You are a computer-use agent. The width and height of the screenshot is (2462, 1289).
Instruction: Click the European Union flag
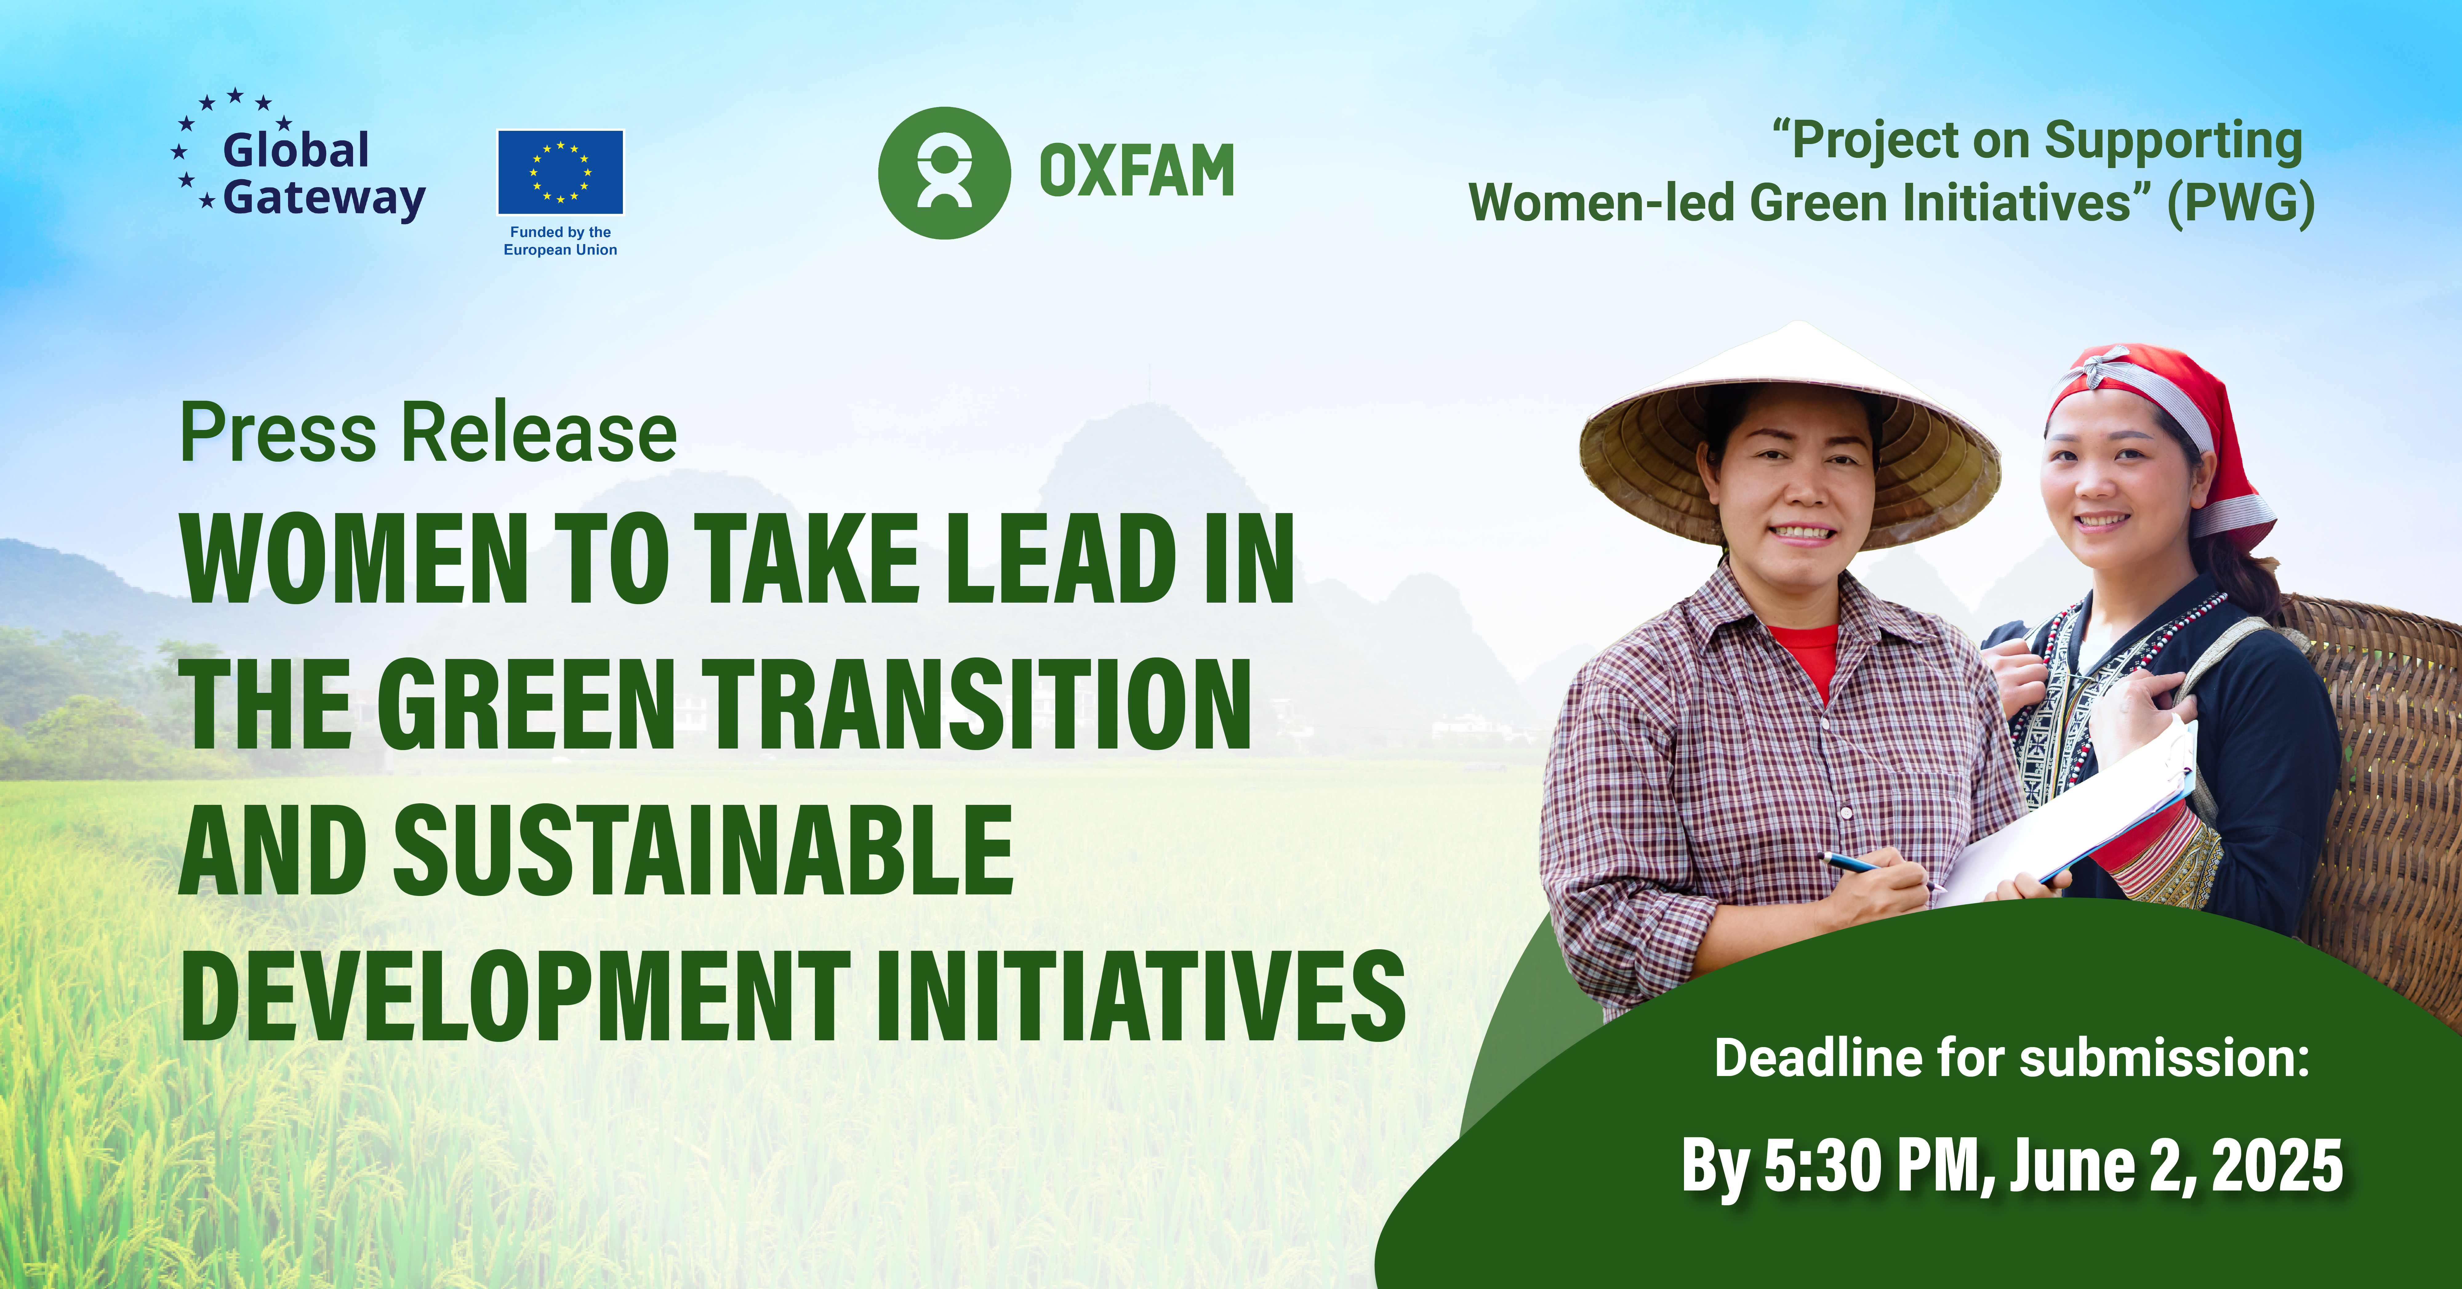tap(560, 172)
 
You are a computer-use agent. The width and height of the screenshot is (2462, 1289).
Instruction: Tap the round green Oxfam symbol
tap(944, 173)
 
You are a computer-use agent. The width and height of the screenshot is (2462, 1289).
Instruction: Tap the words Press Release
tap(428, 432)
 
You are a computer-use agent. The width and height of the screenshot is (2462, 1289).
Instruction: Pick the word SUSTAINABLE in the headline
tap(704, 849)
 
